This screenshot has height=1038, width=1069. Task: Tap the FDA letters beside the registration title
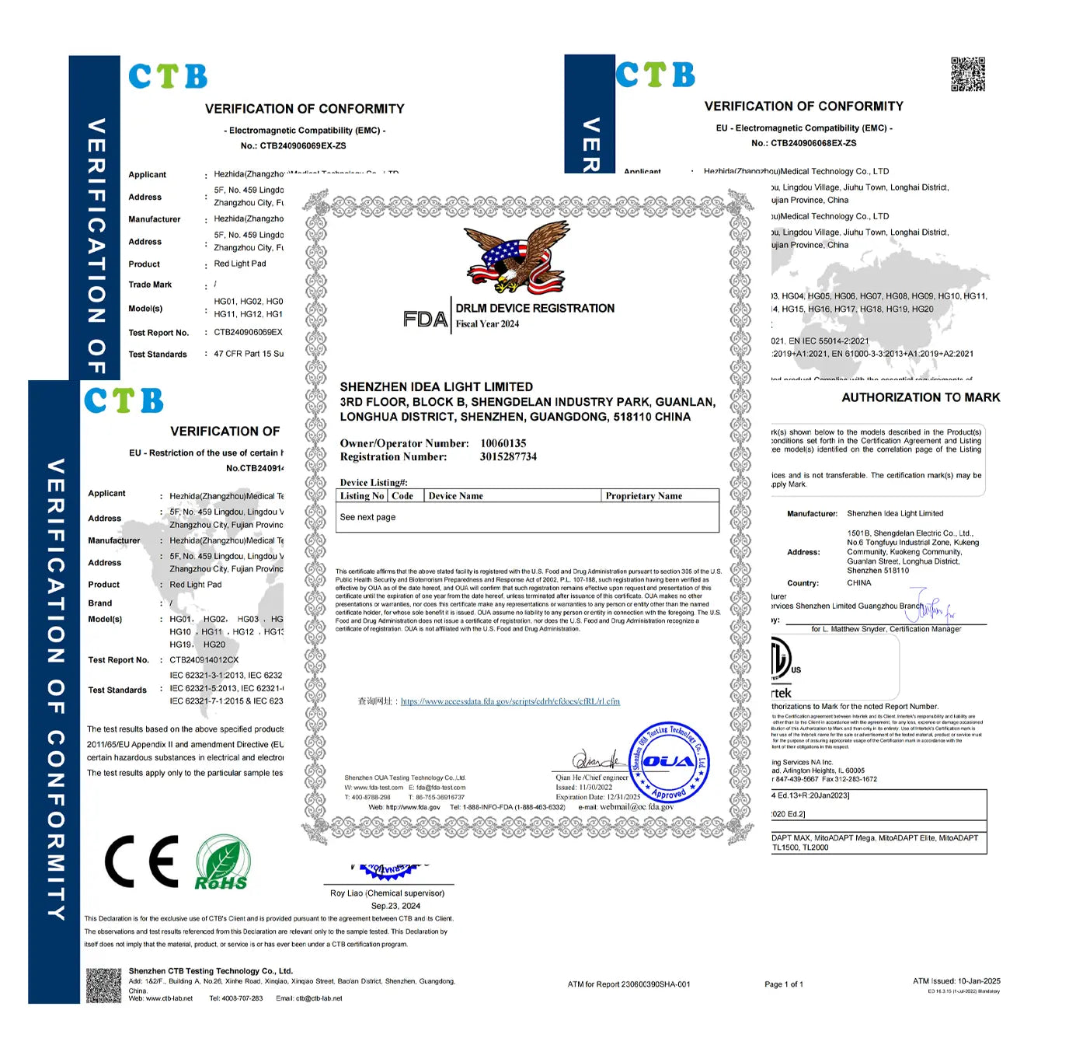pos(425,319)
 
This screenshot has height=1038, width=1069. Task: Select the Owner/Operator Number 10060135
pos(503,443)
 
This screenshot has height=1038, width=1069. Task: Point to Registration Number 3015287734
pos(508,457)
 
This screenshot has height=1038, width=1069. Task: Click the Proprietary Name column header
pos(643,496)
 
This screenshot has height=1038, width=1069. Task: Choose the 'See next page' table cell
pos(367,517)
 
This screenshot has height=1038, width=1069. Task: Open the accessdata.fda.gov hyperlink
pos(510,701)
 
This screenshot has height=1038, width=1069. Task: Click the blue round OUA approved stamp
pos(667,762)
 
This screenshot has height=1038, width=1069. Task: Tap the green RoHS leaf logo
pos(222,862)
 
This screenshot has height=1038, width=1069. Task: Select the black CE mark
pos(141,862)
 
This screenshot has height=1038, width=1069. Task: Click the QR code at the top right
pos(967,74)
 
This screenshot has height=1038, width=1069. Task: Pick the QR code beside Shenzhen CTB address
pos(103,985)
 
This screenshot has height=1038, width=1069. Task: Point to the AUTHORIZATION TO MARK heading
pos(921,397)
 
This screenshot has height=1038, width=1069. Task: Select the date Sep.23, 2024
pos(395,906)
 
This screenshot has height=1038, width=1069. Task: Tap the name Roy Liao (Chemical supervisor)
pos(387,893)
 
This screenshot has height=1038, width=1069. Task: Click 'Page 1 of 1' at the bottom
pos(783,984)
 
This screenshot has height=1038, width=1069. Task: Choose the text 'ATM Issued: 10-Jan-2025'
pos(956,981)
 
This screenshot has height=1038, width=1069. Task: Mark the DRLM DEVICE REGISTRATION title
pos(534,309)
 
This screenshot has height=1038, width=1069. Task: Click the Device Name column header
pos(455,496)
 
